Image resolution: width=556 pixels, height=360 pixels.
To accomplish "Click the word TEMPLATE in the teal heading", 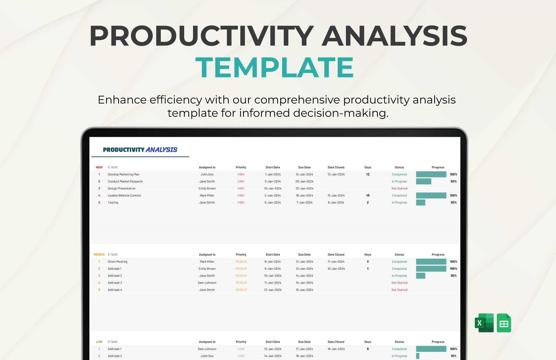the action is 275,67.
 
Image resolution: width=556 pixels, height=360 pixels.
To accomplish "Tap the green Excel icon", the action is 484,323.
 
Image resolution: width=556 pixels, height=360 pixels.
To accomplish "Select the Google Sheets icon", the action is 504,323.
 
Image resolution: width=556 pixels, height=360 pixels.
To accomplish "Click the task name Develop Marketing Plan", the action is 124,174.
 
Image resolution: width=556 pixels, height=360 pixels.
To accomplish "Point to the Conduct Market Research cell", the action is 125,182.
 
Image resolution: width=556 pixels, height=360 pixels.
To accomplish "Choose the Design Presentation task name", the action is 122,189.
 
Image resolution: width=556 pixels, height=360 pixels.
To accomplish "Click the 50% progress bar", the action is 424,182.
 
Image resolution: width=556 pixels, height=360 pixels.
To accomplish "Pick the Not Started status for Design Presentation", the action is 399,189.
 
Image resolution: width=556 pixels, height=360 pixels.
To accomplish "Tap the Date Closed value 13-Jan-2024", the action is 336,174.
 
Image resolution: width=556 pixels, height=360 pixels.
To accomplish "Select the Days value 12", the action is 368,174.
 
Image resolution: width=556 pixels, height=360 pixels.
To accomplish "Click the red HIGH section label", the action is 99,167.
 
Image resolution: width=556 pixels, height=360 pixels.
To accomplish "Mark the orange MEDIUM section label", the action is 99,255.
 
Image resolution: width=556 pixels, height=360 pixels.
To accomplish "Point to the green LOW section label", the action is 99,342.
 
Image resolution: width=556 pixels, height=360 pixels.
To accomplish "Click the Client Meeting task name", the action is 118,262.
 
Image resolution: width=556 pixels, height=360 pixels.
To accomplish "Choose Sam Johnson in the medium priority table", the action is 207,283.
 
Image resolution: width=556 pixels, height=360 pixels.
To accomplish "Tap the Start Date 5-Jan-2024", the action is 273,195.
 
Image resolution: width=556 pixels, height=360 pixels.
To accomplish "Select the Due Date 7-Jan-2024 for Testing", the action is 305,203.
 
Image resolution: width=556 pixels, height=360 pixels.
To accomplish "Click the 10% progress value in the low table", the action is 453,356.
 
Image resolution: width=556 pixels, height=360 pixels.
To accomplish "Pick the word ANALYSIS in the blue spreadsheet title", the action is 161,150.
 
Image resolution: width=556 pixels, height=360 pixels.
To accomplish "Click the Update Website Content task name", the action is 124,195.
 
